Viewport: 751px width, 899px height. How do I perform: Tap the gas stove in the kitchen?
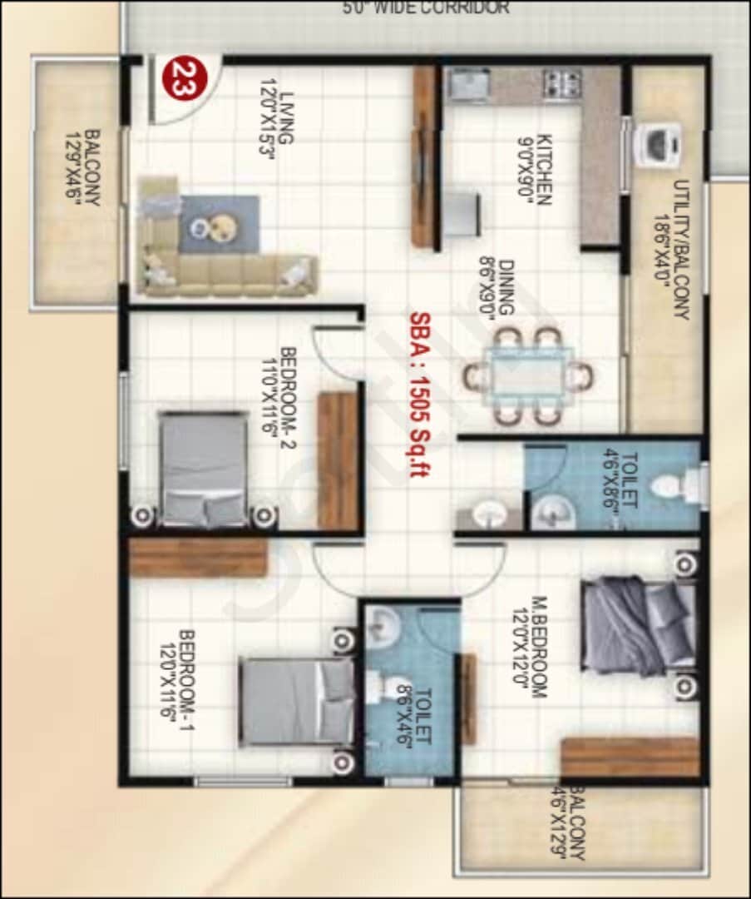(x=562, y=84)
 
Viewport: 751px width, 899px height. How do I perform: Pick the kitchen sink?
(x=468, y=84)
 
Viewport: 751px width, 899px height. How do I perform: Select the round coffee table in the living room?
(x=220, y=226)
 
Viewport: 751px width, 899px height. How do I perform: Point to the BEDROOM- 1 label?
(x=177, y=675)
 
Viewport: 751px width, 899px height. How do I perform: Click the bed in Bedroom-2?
(x=204, y=469)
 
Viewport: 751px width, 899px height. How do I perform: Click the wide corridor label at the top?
(x=426, y=8)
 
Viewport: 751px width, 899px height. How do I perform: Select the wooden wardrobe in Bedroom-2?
(x=338, y=460)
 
